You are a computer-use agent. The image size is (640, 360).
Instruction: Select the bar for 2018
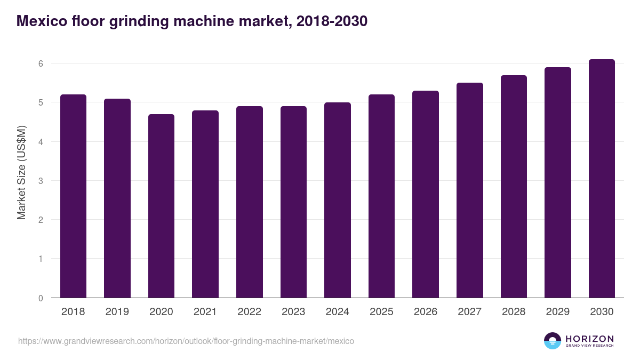73,196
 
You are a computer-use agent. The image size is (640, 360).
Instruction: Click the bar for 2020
161,206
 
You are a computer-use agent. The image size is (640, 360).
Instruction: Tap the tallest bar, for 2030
602,178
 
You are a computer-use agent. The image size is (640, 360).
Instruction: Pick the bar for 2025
381,196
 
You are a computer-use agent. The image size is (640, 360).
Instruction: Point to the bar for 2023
293,202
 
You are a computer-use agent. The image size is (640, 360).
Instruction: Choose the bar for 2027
469,190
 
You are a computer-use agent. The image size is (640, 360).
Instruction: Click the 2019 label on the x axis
117,312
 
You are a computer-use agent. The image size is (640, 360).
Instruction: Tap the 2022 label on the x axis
249,312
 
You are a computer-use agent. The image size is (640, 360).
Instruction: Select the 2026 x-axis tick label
425,312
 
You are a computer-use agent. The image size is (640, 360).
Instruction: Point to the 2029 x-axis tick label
557,312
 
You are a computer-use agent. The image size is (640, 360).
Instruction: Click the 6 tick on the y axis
40,63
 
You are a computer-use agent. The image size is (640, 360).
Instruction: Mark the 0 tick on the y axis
40,298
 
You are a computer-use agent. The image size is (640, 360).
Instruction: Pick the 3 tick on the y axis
40,181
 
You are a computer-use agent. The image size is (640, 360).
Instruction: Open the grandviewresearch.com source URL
186,341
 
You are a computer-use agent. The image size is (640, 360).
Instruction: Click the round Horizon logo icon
553,341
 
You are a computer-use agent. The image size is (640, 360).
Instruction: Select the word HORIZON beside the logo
589,339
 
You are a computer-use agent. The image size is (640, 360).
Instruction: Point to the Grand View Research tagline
589,346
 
